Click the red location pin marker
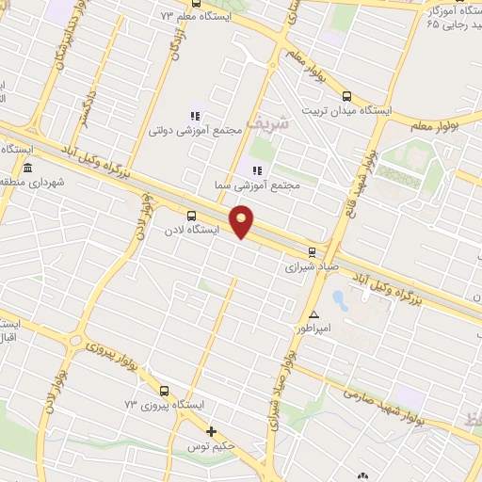pyautogui.click(x=242, y=220)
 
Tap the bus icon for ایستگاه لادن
pyautogui.click(x=192, y=215)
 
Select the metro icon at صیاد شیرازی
pyautogui.click(x=313, y=251)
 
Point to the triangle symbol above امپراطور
pyautogui.click(x=313, y=314)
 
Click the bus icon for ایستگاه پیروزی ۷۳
pyautogui.click(x=165, y=391)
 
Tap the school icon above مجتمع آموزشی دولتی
pyautogui.click(x=196, y=115)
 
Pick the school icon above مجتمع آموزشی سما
pyautogui.click(x=256, y=170)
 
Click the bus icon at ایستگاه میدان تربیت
pyautogui.click(x=346, y=96)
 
